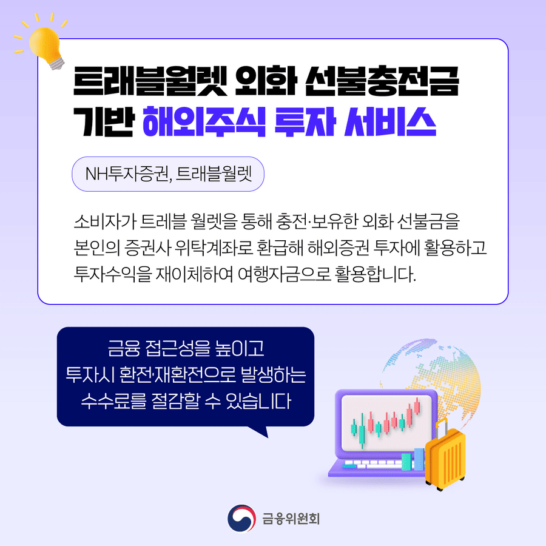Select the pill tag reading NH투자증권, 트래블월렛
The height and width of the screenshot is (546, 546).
pyautogui.click(x=168, y=175)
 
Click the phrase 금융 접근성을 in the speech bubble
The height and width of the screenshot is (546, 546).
pyautogui.click(x=160, y=350)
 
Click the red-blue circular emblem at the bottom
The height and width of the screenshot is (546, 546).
pyautogui.click(x=241, y=518)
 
